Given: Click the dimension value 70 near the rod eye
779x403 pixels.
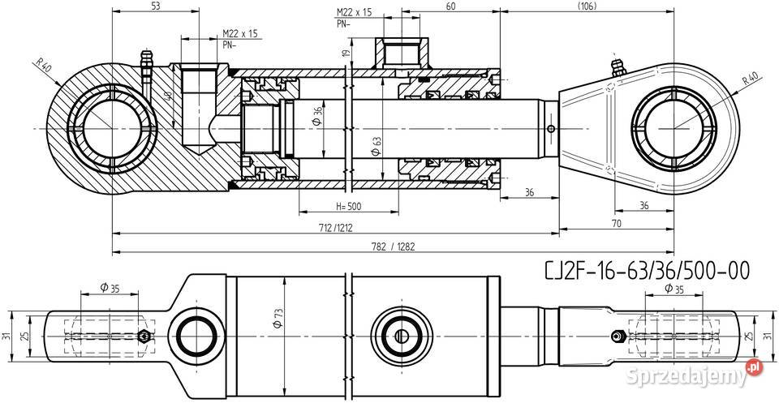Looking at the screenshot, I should [x=617, y=222].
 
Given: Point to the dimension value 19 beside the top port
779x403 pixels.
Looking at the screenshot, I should [x=347, y=54].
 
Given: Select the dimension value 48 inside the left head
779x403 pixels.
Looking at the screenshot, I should [x=169, y=96].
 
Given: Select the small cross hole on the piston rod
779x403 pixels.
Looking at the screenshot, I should [x=551, y=129].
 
